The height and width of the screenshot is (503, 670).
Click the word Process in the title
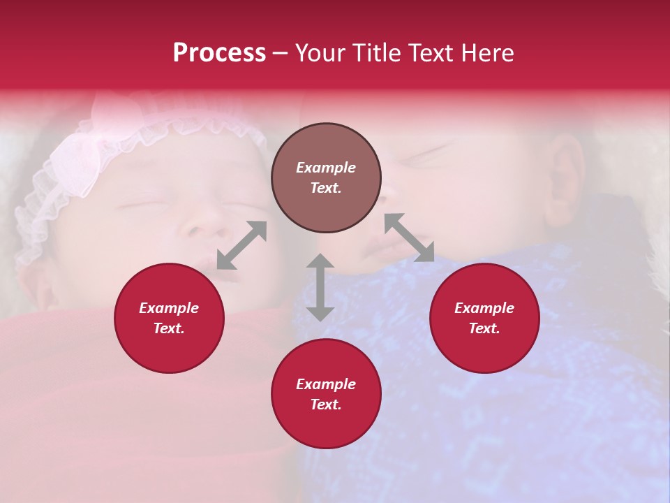click(219, 53)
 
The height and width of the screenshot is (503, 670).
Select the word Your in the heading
click(322, 53)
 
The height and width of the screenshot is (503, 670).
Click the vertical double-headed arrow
click(320, 287)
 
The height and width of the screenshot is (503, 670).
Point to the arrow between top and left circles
click(241, 245)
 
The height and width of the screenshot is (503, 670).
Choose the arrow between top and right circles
click(409, 238)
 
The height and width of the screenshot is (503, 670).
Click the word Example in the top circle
click(326, 168)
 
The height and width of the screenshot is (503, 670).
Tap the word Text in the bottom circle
click(325, 404)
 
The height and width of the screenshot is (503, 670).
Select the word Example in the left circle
click(169, 308)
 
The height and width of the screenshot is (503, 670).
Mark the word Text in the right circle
click(483, 328)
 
